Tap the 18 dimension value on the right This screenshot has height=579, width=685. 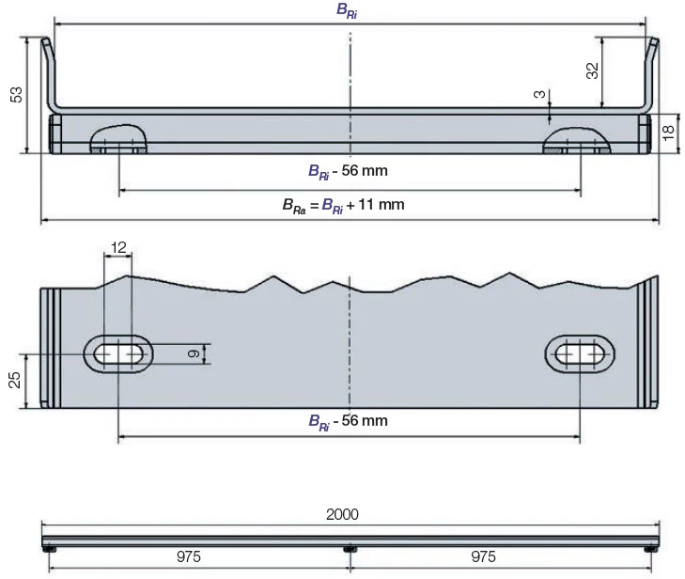(669, 133)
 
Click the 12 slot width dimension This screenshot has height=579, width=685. (118, 246)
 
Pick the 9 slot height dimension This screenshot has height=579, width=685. (193, 352)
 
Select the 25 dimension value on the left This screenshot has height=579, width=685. (14, 380)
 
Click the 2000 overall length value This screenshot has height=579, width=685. (342, 516)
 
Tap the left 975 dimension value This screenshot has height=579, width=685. (189, 557)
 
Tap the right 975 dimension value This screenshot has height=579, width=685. (483, 557)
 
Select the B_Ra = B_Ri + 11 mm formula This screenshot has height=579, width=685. (343, 204)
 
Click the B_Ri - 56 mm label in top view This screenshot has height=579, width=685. (348, 171)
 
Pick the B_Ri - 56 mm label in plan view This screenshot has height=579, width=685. (348, 421)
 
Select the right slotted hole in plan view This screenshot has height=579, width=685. (580, 352)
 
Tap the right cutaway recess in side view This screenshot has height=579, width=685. (577, 140)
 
